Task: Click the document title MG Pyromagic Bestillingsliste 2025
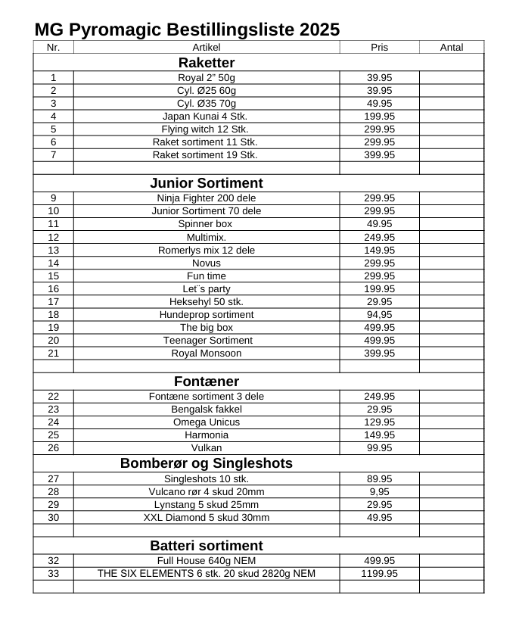(187, 30)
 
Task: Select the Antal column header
(451, 47)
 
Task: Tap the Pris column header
(379, 47)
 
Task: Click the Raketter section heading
(207, 62)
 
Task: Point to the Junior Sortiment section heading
(207, 183)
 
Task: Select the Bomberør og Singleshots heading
(207, 463)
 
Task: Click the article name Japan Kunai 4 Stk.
(205, 116)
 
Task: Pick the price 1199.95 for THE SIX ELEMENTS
(379, 573)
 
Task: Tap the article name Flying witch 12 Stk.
(205, 129)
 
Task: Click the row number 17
(53, 301)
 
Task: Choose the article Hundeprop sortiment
(207, 314)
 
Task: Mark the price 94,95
(379, 314)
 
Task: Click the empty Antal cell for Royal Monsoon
(451, 353)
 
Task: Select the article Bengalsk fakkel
(207, 409)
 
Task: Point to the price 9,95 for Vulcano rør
(379, 491)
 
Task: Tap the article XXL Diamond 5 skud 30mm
(207, 517)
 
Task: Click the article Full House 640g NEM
(207, 560)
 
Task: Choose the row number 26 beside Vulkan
(53, 447)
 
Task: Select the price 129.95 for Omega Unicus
(379, 422)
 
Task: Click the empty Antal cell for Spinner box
(451, 224)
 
